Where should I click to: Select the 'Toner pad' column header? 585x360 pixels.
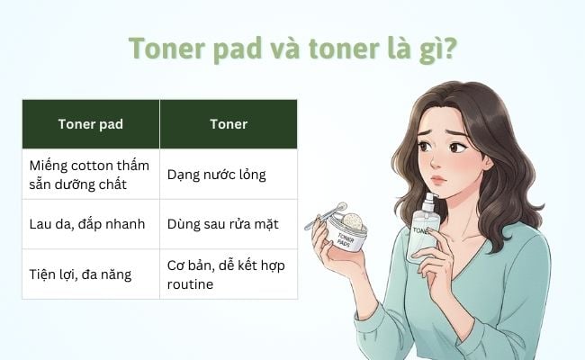point(90,123)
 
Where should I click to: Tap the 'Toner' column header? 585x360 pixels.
point(229,123)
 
